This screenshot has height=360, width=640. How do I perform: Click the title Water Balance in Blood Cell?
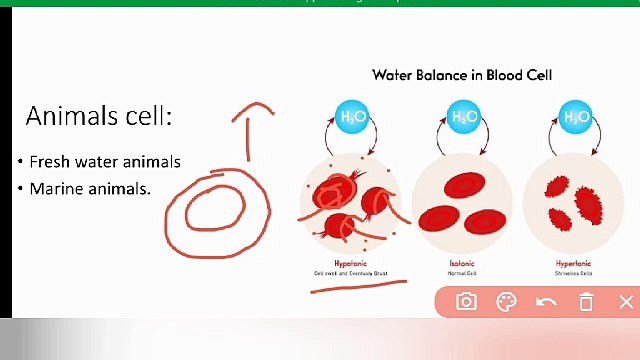coord(462,75)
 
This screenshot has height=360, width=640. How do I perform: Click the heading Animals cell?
coord(99,116)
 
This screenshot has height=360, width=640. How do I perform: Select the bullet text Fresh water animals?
coord(104,161)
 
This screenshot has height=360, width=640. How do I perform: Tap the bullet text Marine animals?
coord(89,188)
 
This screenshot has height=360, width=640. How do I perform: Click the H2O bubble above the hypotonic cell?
coord(352,117)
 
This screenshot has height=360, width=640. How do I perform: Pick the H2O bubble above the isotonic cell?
coord(463,117)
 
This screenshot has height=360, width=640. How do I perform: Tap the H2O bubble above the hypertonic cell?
coord(575,117)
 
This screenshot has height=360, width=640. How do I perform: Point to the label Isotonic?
coord(462,263)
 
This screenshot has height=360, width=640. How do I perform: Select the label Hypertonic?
coord(574,263)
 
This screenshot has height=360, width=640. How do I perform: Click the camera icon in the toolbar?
coord(466,302)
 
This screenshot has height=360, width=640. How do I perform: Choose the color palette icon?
coord(506,302)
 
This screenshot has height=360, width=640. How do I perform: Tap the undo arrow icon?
coord(546,302)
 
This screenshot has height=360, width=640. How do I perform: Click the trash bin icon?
coord(587,302)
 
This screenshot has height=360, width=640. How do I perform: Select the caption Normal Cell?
coord(462,272)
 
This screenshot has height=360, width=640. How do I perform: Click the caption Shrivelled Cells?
coord(574,272)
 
